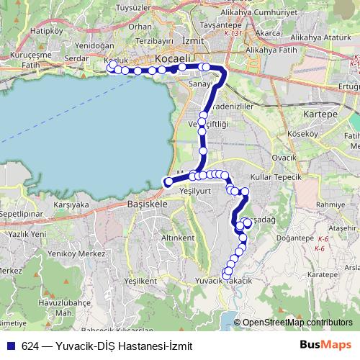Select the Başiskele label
point(147,204)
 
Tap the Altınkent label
point(178,237)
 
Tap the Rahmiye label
point(332,204)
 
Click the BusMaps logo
point(325,345)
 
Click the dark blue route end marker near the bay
point(168,182)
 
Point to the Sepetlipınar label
point(23,215)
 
